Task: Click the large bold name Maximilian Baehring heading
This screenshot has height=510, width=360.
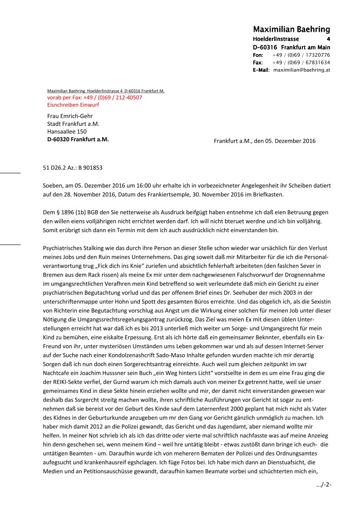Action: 291,30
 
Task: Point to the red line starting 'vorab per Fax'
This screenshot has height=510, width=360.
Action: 94,98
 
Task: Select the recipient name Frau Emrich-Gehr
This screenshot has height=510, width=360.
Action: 70,116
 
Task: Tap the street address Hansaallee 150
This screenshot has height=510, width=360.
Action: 67,132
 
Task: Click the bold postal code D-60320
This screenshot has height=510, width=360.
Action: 58,139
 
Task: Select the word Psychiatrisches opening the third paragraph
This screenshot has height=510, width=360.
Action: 62,248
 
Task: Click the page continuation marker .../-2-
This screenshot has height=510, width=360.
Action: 324,485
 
